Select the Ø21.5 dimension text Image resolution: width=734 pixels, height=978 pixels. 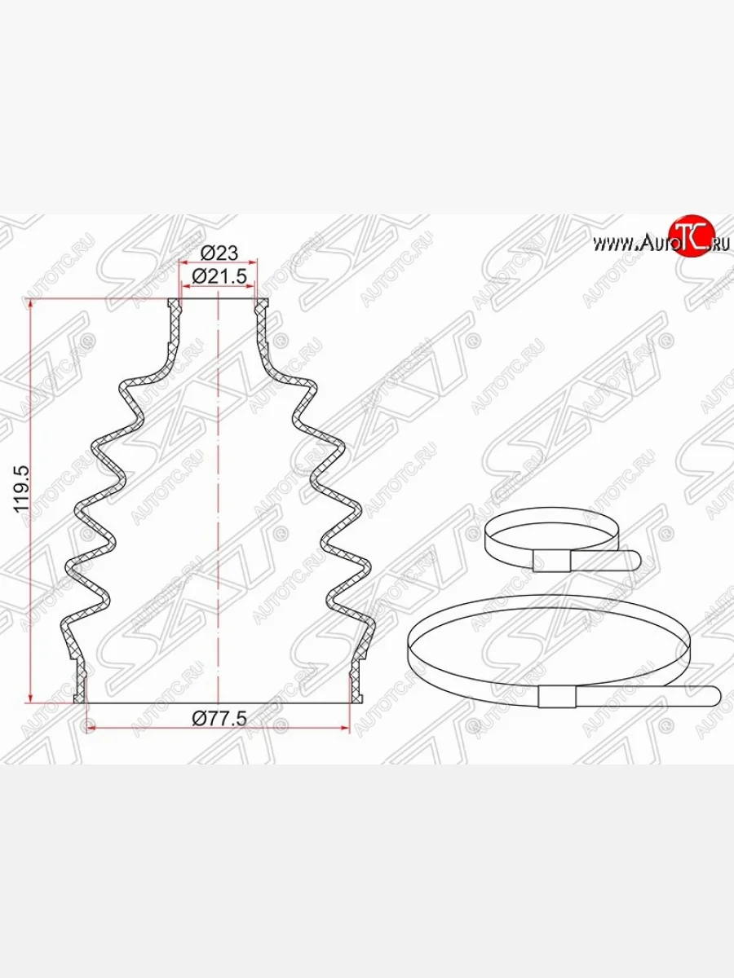(218, 277)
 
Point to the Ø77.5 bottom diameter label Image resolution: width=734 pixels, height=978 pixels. (218, 716)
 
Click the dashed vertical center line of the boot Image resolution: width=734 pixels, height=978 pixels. (219, 489)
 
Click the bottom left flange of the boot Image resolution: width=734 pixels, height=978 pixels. (81, 685)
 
